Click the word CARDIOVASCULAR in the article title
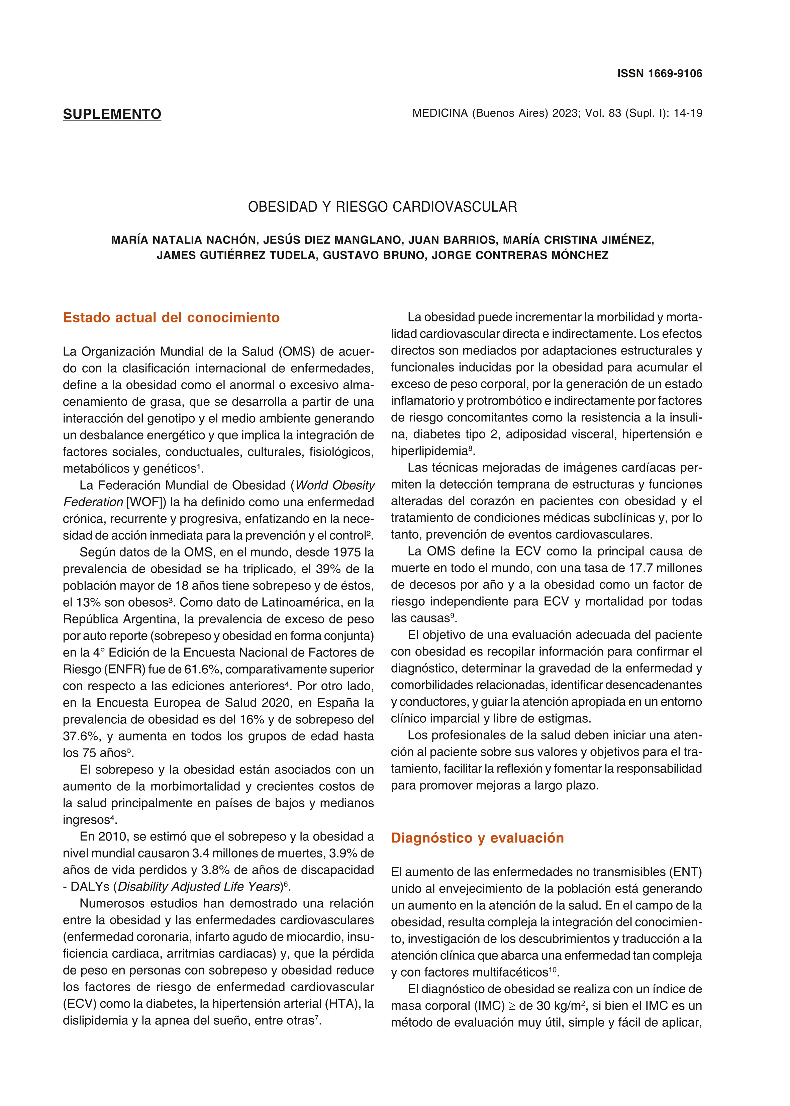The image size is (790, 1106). [455, 207]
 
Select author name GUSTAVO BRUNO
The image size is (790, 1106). [374, 255]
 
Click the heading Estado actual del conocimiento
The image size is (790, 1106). [171, 318]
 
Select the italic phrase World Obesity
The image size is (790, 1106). [335, 485]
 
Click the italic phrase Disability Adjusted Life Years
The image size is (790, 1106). [200, 887]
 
